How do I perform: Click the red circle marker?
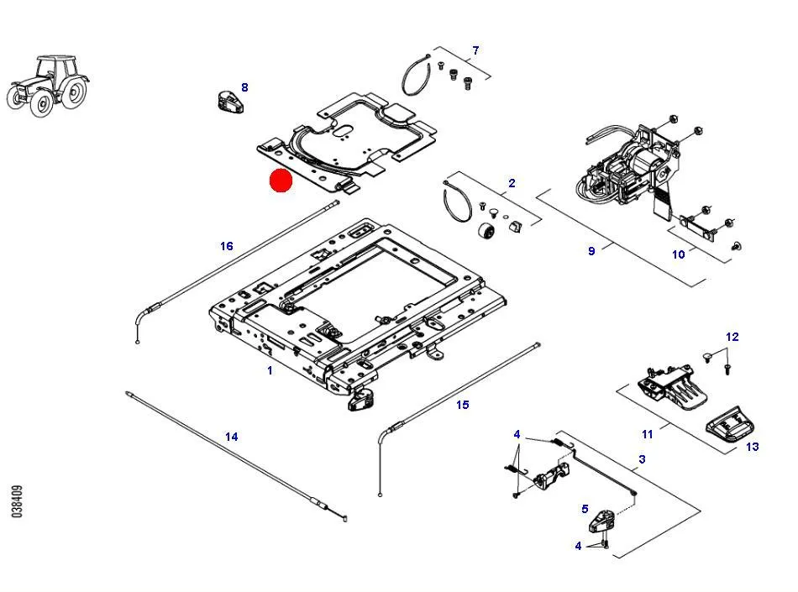[x=281, y=181]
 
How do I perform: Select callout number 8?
[x=244, y=87]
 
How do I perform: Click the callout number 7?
[x=475, y=50]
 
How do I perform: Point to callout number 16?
[x=227, y=246]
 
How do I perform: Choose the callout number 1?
[x=270, y=371]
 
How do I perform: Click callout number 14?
[x=232, y=437]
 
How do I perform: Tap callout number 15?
[x=463, y=405]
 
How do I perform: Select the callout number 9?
[x=591, y=251]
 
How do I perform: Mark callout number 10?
[x=679, y=254]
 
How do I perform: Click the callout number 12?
[x=732, y=337]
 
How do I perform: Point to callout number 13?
[x=752, y=447]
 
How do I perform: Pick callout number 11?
[x=648, y=434]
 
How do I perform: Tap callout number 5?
[x=585, y=509]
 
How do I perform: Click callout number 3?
[x=643, y=459]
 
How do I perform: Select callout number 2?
[x=512, y=183]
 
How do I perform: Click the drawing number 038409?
[x=17, y=501]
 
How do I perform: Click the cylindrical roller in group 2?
[x=486, y=232]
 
